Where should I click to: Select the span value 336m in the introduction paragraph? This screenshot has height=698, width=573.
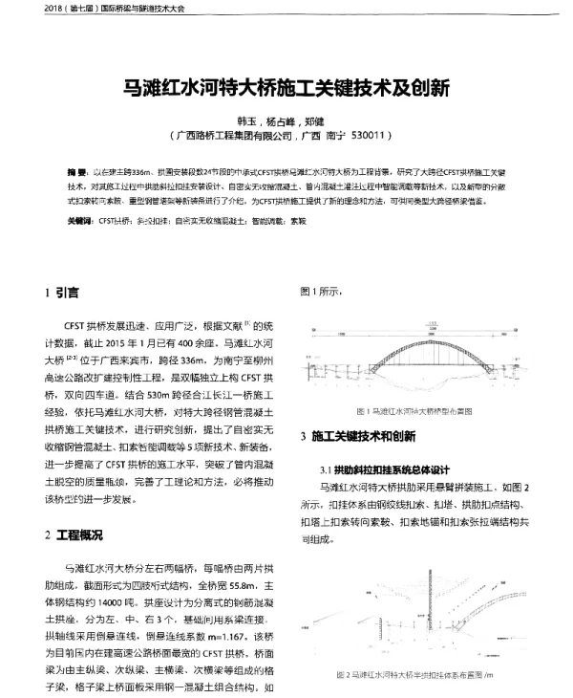[221, 363]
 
